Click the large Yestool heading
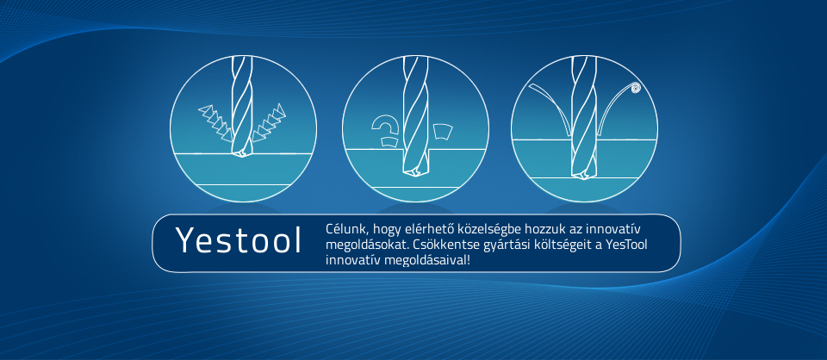[x=239, y=240]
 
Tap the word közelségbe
[x=465, y=230]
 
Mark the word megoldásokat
[x=367, y=245]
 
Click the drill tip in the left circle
[x=241, y=152]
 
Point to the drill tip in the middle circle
[x=414, y=172]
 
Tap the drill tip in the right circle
[x=583, y=175]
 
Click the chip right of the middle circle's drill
[x=442, y=131]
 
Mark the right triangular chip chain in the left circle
[x=269, y=123]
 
